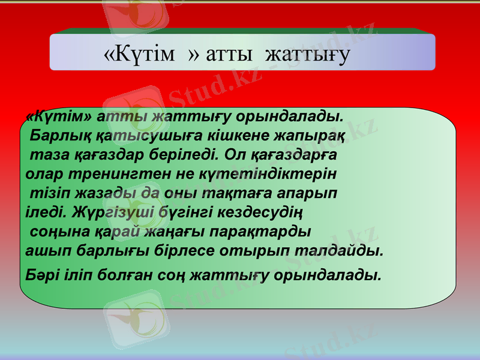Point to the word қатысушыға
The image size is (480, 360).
[x=128, y=136]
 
